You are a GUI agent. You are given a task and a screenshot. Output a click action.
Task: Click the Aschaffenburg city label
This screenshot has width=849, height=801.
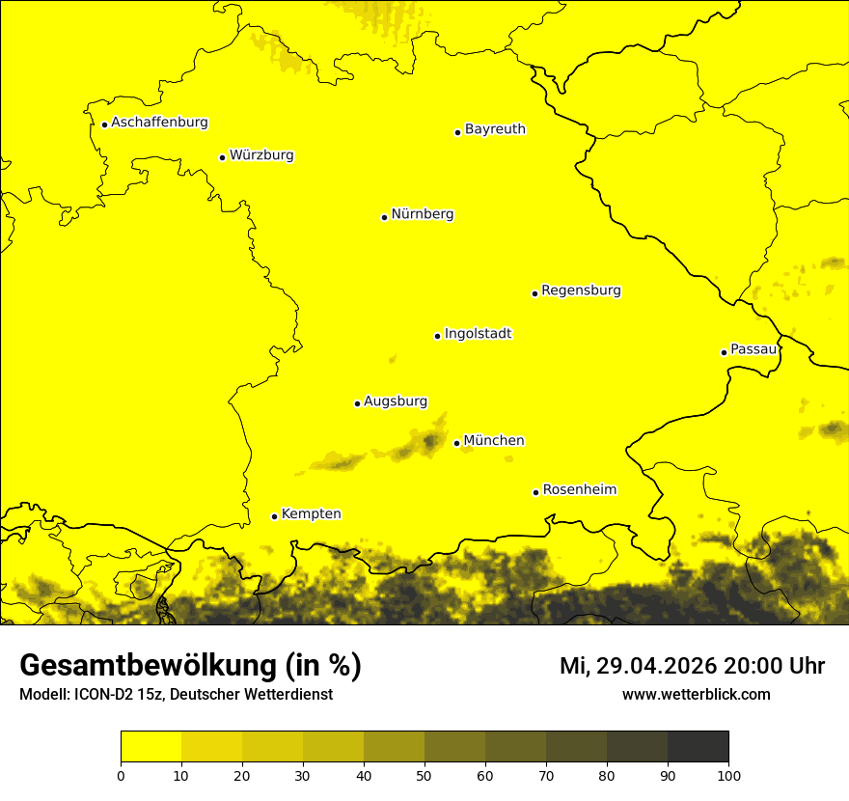click(159, 123)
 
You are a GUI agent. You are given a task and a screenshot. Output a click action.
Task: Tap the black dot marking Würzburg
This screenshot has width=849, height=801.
click(222, 157)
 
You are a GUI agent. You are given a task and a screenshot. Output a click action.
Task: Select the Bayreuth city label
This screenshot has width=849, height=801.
click(495, 129)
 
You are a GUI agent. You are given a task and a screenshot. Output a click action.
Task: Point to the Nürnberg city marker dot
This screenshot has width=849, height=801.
click(384, 217)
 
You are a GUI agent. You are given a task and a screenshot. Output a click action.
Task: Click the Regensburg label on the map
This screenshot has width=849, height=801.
click(581, 290)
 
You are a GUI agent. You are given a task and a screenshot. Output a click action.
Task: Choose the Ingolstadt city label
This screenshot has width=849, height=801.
click(478, 334)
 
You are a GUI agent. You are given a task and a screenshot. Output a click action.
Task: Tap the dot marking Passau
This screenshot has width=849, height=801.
click(724, 352)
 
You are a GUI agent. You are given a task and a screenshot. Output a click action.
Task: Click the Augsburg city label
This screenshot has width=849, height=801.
click(396, 401)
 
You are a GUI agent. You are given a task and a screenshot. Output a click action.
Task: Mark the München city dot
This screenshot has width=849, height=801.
click(456, 443)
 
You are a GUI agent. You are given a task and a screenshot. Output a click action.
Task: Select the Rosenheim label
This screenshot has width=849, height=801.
click(579, 490)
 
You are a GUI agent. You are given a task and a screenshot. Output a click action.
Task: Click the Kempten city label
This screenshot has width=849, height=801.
click(311, 514)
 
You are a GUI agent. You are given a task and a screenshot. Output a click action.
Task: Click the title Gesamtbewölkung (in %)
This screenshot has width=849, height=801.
click(190, 666)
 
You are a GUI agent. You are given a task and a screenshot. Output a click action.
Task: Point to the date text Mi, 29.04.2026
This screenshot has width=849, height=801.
click(637, 666)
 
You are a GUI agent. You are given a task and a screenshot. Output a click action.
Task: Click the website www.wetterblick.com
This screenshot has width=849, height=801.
click(696, 694)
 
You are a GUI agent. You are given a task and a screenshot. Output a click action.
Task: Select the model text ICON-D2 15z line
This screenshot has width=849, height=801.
click(176, 695)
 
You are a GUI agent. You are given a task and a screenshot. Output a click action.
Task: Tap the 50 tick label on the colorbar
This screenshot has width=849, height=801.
click(424, 775)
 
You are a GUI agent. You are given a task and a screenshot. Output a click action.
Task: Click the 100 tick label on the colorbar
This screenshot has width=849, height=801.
click(728, 775)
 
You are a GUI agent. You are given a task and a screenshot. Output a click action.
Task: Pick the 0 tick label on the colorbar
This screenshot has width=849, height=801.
click(121, 775)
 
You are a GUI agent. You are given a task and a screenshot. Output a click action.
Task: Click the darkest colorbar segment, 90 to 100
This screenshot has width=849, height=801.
click(698, 747)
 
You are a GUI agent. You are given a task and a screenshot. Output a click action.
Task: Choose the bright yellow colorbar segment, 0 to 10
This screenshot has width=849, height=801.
click(151, 747)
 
